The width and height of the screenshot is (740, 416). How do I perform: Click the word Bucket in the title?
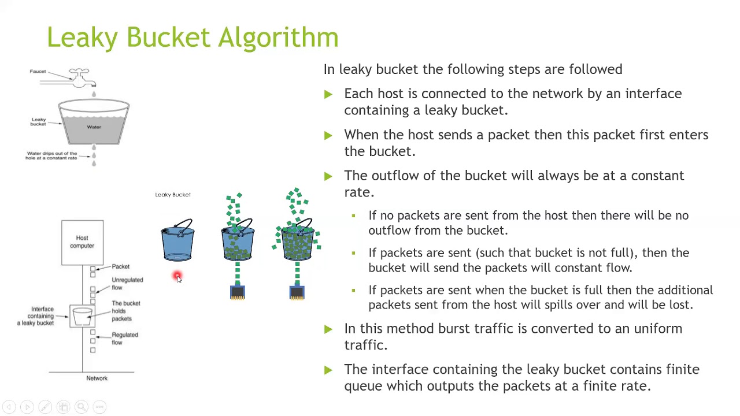coord(168,37)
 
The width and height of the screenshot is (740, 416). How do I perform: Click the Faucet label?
coord(38,71)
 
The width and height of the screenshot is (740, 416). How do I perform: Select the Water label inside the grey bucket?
coord(94,127)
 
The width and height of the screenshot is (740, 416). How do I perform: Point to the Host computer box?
coord(82,242)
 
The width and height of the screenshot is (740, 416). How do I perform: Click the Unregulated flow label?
coord(127,284)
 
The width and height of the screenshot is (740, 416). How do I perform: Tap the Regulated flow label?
coord(124,339)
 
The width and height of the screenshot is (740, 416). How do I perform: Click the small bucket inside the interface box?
coord(82,316)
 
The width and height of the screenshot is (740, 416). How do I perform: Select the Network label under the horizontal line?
coord(97,378)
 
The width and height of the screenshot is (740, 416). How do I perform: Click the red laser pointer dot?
coord(177,276)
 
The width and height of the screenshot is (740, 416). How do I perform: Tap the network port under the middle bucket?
coord(237,292)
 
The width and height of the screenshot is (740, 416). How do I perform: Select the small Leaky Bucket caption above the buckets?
coord(173,195)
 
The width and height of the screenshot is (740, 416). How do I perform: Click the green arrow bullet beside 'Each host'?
coord(328,94)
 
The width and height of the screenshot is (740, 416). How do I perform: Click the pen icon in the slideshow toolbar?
coord(45,407)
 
